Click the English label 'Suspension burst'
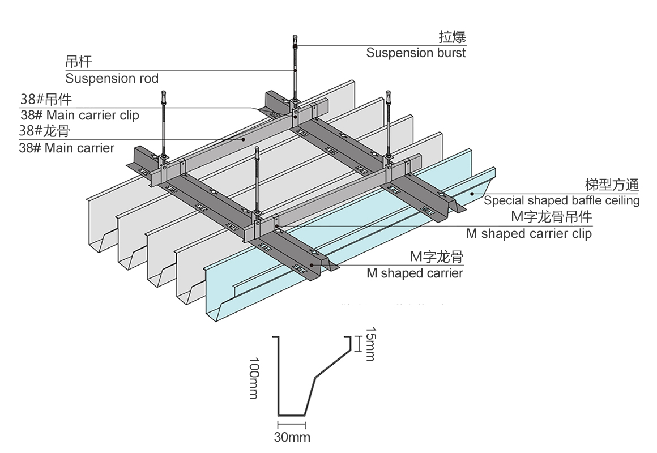pos(416,53)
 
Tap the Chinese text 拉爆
pos(452,38)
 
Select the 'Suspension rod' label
pos(112,78)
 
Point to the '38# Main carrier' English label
pos(67,148)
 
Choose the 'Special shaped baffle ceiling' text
pos(561,200)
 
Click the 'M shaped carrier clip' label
pos(528,233)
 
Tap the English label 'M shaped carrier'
pos(415,273)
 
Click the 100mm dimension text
pos(253,378)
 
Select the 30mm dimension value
pos(292,437)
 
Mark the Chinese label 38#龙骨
pos(44,131)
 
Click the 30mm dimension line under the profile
pos(291,424)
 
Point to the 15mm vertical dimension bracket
pos(357,343)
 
